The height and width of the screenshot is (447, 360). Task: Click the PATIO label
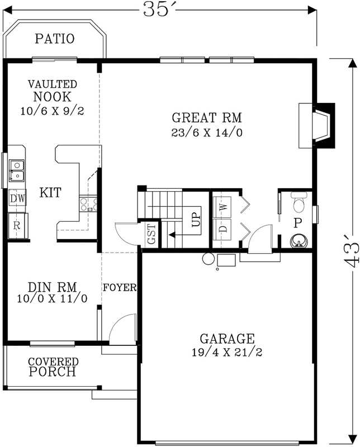click(x=55, y=39)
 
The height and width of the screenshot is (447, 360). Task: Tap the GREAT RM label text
click(x=206, y=118)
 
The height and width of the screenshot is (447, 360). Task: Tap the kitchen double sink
click(x=17, y=171)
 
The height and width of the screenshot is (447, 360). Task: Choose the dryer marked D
click(x=223, y=229)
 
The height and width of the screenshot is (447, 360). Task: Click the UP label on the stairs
click(x=196, y=219)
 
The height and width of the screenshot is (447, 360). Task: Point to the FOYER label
click(x=120, y=288)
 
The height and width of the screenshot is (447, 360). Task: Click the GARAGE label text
click(x=227, y=338)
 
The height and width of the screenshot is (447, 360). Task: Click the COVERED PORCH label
click(x=53, y=367)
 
